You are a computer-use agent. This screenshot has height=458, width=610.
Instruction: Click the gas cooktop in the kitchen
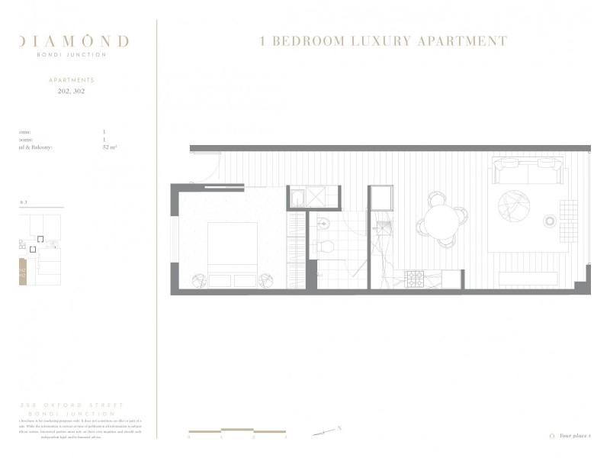(x=414, y=279)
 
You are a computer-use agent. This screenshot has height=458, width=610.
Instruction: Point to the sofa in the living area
(x=528, y=170)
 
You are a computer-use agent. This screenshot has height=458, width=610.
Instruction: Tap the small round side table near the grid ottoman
(x=549, y=221)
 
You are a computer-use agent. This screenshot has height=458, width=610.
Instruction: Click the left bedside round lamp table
(x=197, y=280)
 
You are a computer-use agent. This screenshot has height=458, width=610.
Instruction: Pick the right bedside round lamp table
(x=266, y=280)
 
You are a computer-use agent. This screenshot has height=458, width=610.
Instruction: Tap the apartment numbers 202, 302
(x=72, y=91)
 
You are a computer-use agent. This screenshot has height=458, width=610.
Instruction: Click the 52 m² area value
(x=109, y=147)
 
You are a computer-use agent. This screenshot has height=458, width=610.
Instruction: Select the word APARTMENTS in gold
(x=72, y=79)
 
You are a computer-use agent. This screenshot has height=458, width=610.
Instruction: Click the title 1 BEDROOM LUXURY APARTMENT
(x=384, y=41)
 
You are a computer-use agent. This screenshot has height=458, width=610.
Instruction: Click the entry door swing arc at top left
(x=213, y=164)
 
